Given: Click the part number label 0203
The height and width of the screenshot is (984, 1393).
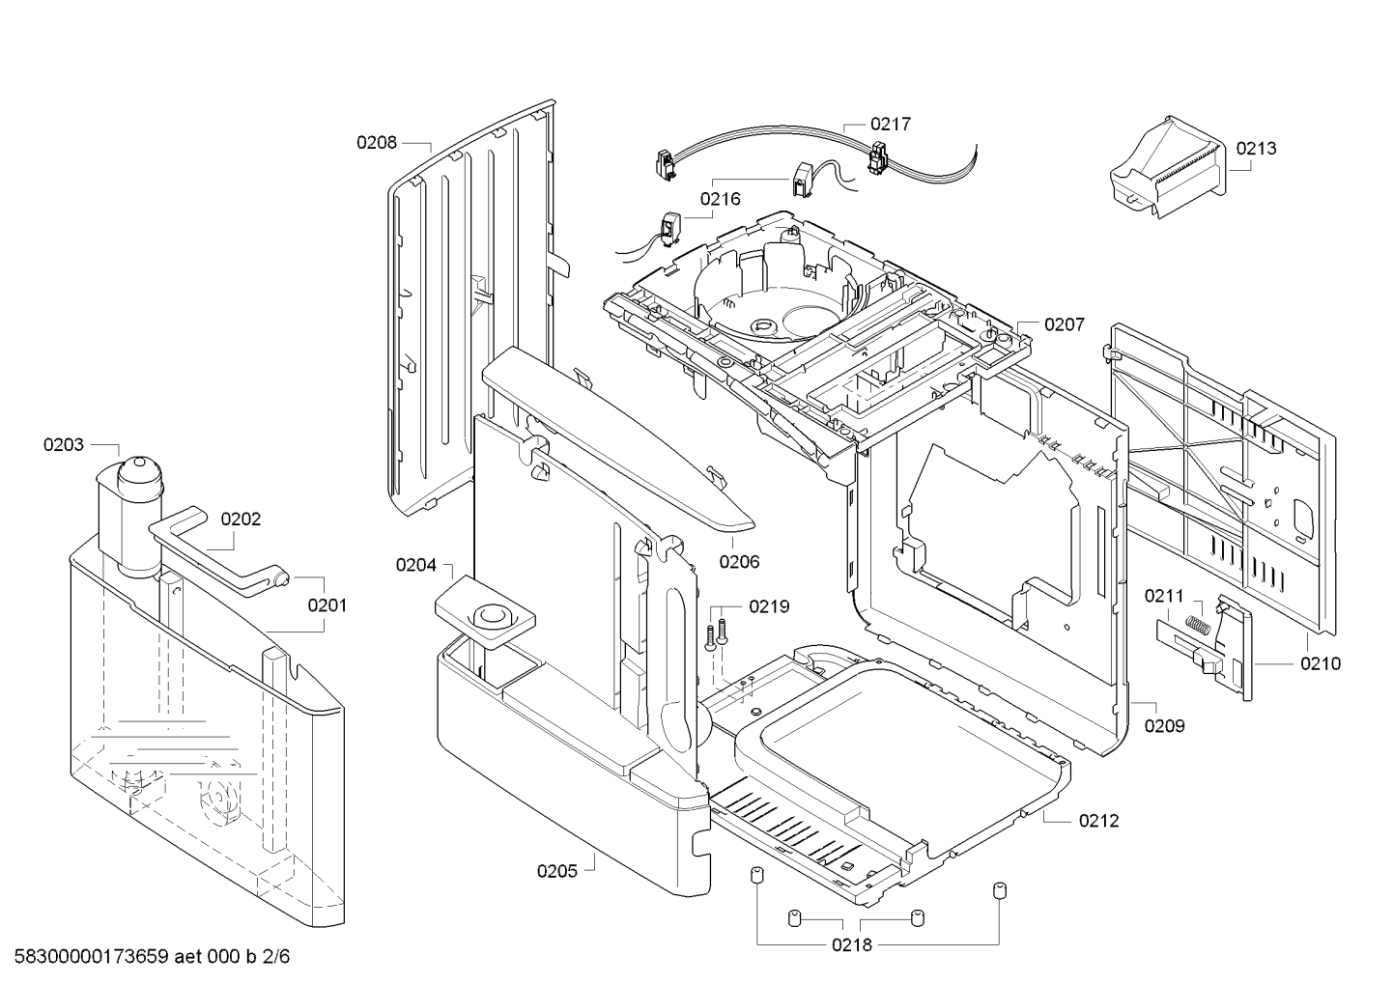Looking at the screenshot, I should pos(63,445).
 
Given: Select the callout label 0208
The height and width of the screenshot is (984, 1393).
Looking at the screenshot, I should pos(376,143).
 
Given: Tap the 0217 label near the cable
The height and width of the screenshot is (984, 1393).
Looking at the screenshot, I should pos(890,125).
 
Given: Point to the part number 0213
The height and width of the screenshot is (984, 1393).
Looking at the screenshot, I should pos(1256,149).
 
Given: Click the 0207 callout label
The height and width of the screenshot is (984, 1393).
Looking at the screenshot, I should pos(1065,325).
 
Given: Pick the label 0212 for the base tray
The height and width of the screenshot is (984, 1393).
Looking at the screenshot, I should pos(1098,821).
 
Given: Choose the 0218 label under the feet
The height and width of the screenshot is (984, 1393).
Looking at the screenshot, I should pos(852,944).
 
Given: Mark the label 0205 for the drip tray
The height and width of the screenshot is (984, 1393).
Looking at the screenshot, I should pos(557,871).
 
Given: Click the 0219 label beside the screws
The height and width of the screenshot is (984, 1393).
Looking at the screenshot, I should pos(769,606).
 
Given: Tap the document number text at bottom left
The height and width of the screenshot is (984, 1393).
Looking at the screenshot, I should pos(146,958).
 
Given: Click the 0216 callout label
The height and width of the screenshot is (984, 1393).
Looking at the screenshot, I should pos(720,199).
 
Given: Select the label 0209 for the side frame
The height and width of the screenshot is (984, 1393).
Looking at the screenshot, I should pos(1164,726).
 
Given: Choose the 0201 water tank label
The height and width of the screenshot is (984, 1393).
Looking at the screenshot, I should pos(327,605).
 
